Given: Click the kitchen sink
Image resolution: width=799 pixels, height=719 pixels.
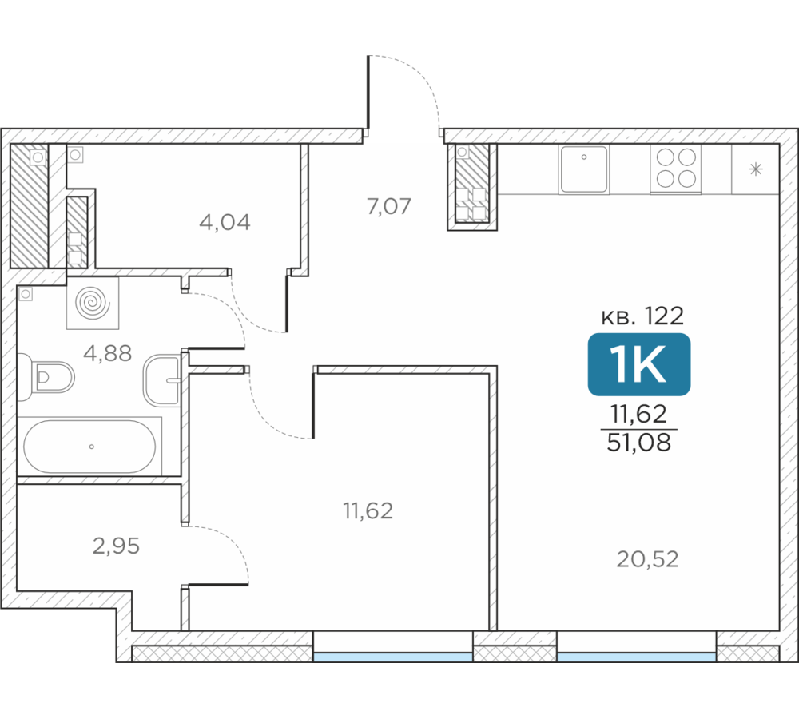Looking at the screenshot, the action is pyautogui.click(x=584, y=169).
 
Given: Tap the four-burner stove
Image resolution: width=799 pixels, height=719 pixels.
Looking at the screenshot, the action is pyautogui.click(x=676, y=169).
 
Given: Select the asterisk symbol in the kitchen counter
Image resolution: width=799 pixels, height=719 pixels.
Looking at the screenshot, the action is pyautogui.click(x=756, y=169).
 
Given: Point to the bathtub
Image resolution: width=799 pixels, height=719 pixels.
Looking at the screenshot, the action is pyautogui.click(x=89, y=447).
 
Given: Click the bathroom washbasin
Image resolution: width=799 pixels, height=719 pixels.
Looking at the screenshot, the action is pyautogui.click(x=162, y=380).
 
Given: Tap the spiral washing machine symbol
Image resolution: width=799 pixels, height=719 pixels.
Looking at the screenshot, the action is pyautogui.click(x=93, y=303).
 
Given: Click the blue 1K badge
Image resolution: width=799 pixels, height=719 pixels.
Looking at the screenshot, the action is pyautogui.click(x=639, y=364).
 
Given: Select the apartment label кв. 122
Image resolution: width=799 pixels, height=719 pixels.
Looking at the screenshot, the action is pyautogui.click(x=642, y=316).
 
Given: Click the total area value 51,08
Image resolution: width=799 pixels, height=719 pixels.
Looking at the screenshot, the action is pyautogui.click(x=639, y=443).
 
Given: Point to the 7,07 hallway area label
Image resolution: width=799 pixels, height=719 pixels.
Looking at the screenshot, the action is pyautogui.click(x=389, y=206).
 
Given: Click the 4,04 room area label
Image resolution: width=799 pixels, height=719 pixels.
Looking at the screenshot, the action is pyautogui.click(x=225, y=222).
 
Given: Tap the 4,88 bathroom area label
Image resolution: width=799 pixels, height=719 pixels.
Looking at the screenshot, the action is pyautogui.click(x=108, y=352).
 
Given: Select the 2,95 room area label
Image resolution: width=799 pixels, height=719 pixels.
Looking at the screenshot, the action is pyautogui.click(x=116, y=546).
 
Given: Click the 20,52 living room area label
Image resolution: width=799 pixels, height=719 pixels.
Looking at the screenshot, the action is pyautogui.click(x=648, y=559).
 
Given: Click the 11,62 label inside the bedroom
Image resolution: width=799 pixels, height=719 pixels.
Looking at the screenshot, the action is pyautogui.click(x=368, y=510).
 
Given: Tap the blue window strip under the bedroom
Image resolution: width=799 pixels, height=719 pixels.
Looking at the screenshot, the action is pyautogui.click(x=393, y=657).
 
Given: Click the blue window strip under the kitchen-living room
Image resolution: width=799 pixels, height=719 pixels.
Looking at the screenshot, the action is pyautogui.click(x=637, y=657).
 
